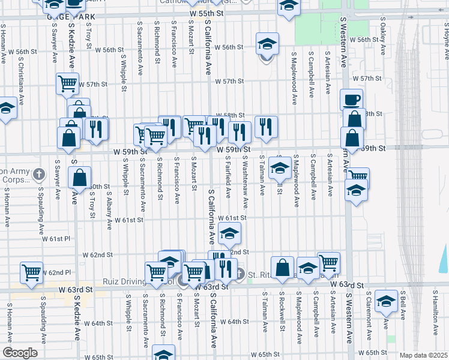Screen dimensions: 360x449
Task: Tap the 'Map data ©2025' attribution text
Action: [423, 355]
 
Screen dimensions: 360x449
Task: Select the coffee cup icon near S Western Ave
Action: [351, 99]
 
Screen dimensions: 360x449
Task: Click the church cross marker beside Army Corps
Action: [39, 175]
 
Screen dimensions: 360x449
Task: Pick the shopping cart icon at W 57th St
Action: [68, 83]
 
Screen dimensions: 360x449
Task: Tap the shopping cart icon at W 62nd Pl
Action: [32, 272]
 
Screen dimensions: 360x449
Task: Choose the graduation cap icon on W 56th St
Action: [267, 43]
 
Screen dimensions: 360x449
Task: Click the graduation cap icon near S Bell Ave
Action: [385, 301]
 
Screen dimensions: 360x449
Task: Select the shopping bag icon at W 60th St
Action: [79, 177]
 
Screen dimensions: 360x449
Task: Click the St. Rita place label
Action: [259, 275]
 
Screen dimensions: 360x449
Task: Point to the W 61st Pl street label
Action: [56, 239]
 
